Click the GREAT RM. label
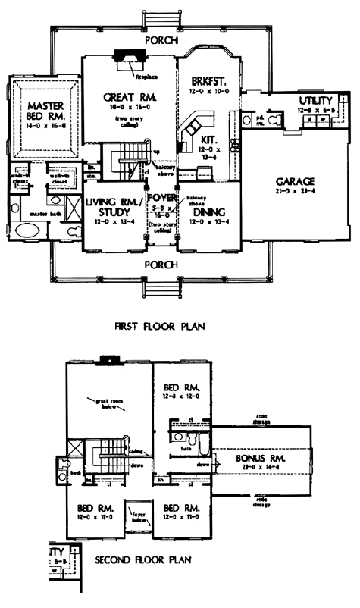click(128, 98)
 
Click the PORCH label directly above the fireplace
click(163, 40)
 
